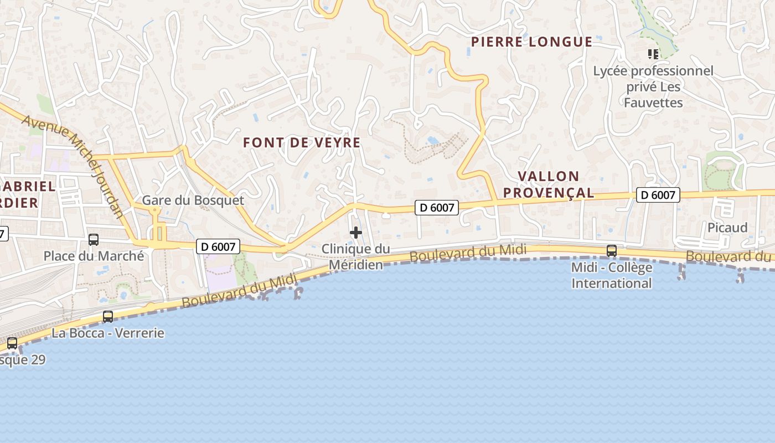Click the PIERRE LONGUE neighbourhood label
click(531, 42)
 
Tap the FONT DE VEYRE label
click(302, 143)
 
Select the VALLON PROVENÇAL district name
click(555, 184)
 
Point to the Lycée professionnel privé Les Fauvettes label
click(653, 87)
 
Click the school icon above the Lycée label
click(653, 54)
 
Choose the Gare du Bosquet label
click(193, 200)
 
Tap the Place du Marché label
click(94, 256)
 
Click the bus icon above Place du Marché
click(94, 240)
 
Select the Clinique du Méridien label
click(356, 257)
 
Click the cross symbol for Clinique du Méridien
click(356, 233)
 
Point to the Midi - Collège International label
click(612, 275)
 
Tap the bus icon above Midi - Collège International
click(612, 251)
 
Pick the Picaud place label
click(727, 228)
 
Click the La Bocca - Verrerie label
click(108, 333)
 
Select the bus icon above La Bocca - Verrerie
click(108, 317)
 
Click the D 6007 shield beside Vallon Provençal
click(658, 195)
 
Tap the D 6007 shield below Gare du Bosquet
click(218, 247)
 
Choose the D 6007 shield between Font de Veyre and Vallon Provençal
click(437, 208)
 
